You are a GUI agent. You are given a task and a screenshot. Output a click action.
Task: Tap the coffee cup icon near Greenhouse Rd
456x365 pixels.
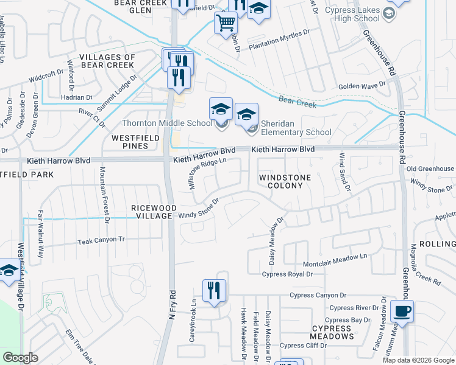pyautogui.click(x=402, y=311)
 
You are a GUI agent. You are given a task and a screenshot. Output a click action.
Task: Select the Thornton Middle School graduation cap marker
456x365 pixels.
pyautogui.click(x=221, y=109)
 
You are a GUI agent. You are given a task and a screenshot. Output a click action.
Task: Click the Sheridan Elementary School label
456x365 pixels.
pyautogui.click(x=296, y=128)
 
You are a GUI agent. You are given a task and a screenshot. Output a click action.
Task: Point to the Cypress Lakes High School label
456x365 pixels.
pyautogui.click(x=353, y=14)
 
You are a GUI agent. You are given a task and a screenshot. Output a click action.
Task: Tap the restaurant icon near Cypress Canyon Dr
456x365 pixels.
pyautogui.click(x=214, y=290)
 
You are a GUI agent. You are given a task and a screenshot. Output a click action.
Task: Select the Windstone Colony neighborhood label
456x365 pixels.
pyautogui.click(x=285, y=181)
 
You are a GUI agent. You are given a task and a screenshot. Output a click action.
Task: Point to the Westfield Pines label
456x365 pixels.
pyautogui.click(x=130, y=142)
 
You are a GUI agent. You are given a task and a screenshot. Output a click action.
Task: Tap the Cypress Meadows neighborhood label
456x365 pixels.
pyautogui.click(x=332, y=332)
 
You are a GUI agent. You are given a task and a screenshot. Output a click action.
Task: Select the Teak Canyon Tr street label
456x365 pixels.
pyautogui.click(x=101, y=240)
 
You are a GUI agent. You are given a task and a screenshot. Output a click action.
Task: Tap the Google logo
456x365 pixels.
pyautogui.click(x=21, y=357)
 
